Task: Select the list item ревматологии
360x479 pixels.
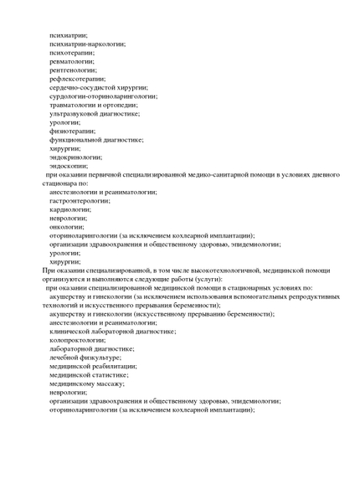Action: tap(72, 61)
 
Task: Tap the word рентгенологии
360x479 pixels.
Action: tap(74, 70)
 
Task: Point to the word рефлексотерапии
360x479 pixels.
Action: tap(77, 79)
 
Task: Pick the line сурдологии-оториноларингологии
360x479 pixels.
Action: tap(103, 96)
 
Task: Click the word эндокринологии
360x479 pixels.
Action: tap(75, 157)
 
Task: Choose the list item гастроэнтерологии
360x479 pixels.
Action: tap(80, 201)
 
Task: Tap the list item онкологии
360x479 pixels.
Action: tap(67, 227)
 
